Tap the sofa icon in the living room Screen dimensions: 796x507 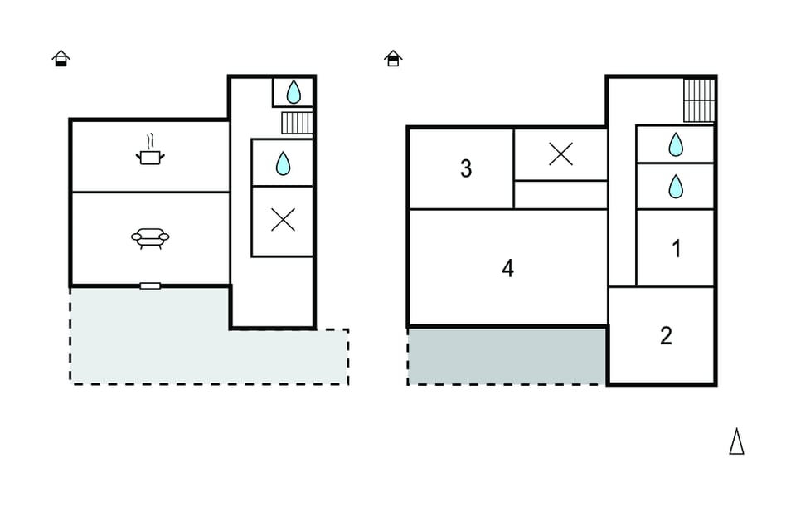point(150,238)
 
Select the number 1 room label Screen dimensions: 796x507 point(677,249)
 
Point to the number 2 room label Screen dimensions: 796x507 point(666,336)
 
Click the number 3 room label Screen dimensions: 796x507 point(466,168)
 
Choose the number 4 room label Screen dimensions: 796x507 point(507,268)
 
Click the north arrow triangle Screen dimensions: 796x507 point(736,441)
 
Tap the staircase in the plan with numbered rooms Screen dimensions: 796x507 point(699,100)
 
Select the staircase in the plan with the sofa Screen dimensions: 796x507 point(298,123)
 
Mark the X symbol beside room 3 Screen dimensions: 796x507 point(561,154)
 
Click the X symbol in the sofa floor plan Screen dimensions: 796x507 point(284,220)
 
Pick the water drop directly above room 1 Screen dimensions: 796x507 point(676,187)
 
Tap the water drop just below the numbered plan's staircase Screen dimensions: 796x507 point(676,144)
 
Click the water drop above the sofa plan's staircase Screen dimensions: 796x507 point(294,92)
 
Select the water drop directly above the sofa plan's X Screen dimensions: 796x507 point(284,163)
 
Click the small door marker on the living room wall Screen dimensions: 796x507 point(150,286)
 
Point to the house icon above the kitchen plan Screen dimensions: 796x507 point(61,58)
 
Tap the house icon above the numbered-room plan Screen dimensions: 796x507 point(393,58)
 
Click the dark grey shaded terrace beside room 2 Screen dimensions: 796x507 point(507,357)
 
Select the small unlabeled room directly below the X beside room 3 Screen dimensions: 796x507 point(561,194)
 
